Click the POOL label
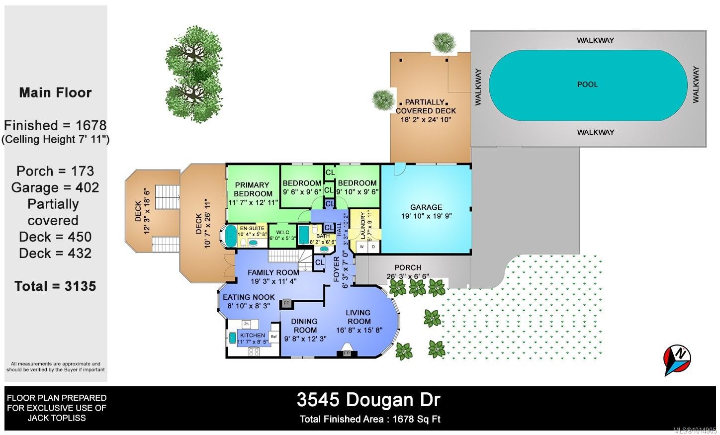click(587, 85)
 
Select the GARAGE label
click(426, 207)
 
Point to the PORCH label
click(408, 267)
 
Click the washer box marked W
click(362, 247)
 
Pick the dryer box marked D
click(373, 247)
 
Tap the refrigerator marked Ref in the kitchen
click(273, 337)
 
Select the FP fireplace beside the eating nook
click(287, 303)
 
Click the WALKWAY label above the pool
click(595, 40)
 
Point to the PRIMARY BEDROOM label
click(252, 189)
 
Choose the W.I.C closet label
click(283, 233)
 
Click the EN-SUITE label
click(252, 228)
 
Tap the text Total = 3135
click(55, 286)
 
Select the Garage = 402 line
click(55, 187)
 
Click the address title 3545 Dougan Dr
click(368, 400)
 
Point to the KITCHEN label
click(253, 335)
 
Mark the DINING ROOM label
click(305, 326)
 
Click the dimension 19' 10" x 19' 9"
click(426, 216)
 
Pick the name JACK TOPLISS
click(57, 418)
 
